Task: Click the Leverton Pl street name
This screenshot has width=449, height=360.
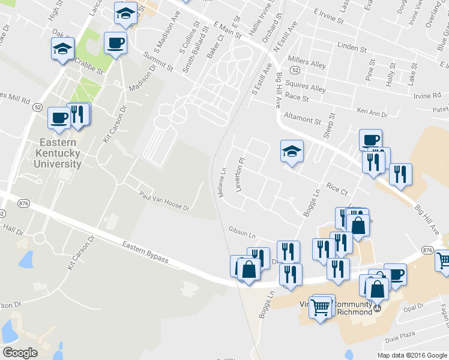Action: point(242,175)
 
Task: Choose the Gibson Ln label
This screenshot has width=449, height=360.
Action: point(242,231)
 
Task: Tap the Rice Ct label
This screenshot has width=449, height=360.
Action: point(337,189)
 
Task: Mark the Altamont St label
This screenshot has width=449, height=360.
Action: point(303,121)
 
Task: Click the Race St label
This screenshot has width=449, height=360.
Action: point(297,97)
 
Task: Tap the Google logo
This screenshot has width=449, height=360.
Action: point(20,352)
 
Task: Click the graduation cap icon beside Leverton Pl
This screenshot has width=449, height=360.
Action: point(292,151)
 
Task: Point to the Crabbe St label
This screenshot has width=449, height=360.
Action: point(89,66)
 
